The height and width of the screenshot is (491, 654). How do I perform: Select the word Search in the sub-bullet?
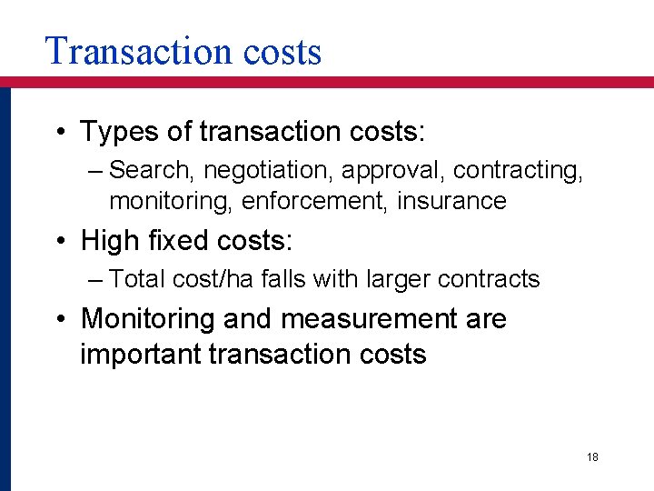click(x=152, y=170)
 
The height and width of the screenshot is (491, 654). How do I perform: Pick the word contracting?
click(x=518, y=170)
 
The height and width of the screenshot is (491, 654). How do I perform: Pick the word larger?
click(x=400, y=279)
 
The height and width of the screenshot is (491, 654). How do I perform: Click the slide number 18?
click(x=592, y=457)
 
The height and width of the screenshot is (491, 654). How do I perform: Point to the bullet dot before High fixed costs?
click(x=59, y=242)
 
